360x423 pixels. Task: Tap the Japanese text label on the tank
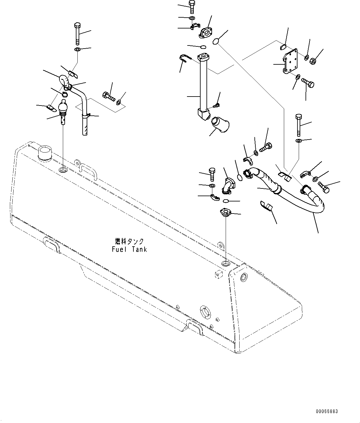(x=129, y=241)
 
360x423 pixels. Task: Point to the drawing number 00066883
(x=327, y=411)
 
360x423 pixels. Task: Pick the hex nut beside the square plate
(x=313, y=61)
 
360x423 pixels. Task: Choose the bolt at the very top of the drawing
(x=192, y=7)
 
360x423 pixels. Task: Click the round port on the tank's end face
(x=244, y=277)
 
